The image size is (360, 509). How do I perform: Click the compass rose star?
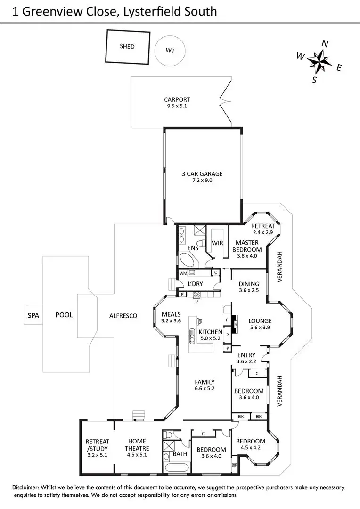[319, 61]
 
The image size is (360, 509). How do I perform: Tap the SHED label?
[127, 46]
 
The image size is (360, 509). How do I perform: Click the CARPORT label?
[177, 99]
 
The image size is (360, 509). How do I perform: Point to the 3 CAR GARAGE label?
[202, 173]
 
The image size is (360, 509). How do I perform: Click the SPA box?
[33, 315]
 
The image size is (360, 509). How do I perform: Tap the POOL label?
[64, 315]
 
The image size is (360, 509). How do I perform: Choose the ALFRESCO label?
[123, 316]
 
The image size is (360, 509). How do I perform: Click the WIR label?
[217, 243]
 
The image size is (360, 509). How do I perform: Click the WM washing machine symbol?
[192, 272]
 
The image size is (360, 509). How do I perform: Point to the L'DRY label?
[195, 284]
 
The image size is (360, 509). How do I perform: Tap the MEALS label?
[171, 314]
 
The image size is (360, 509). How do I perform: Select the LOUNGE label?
[260, 321]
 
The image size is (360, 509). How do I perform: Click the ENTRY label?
[246, 355]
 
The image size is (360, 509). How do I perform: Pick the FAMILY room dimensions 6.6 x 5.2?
[205, 389]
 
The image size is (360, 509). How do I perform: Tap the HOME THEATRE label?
[137, 445]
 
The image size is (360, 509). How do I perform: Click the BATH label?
[180, 454]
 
